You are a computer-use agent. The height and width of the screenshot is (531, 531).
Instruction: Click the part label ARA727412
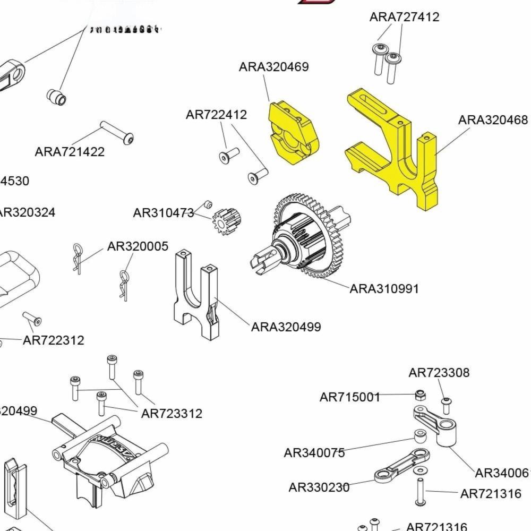coord(404,17)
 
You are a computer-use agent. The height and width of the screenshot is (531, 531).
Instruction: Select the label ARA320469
coord(273,67)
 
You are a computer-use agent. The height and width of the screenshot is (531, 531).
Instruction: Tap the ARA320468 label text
coord(493,120)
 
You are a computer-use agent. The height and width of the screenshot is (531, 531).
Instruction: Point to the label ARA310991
coord(384,289)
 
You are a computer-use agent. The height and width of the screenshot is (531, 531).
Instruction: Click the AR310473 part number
coord(164,213)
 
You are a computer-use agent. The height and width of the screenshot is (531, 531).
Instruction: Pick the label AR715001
coord(350,397)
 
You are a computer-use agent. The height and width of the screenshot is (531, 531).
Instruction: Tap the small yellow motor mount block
coord(291,133)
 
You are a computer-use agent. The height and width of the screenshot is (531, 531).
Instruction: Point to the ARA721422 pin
coord(116,132)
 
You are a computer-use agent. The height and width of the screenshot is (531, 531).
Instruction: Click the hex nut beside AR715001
coord(420,395)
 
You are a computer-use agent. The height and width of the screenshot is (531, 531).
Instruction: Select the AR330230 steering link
coord(401,464)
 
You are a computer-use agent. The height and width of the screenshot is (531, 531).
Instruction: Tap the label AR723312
coord(172,414)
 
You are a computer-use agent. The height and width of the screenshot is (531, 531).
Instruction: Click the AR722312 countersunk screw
coord(32,319)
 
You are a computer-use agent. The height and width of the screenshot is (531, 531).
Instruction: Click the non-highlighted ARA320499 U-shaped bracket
coord(196,295)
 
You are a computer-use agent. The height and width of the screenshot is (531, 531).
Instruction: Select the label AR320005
coord(138,246)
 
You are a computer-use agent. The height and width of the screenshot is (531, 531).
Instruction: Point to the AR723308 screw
coord(446,405)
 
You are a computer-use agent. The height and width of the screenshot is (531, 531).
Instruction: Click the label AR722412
coord(216,115)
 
